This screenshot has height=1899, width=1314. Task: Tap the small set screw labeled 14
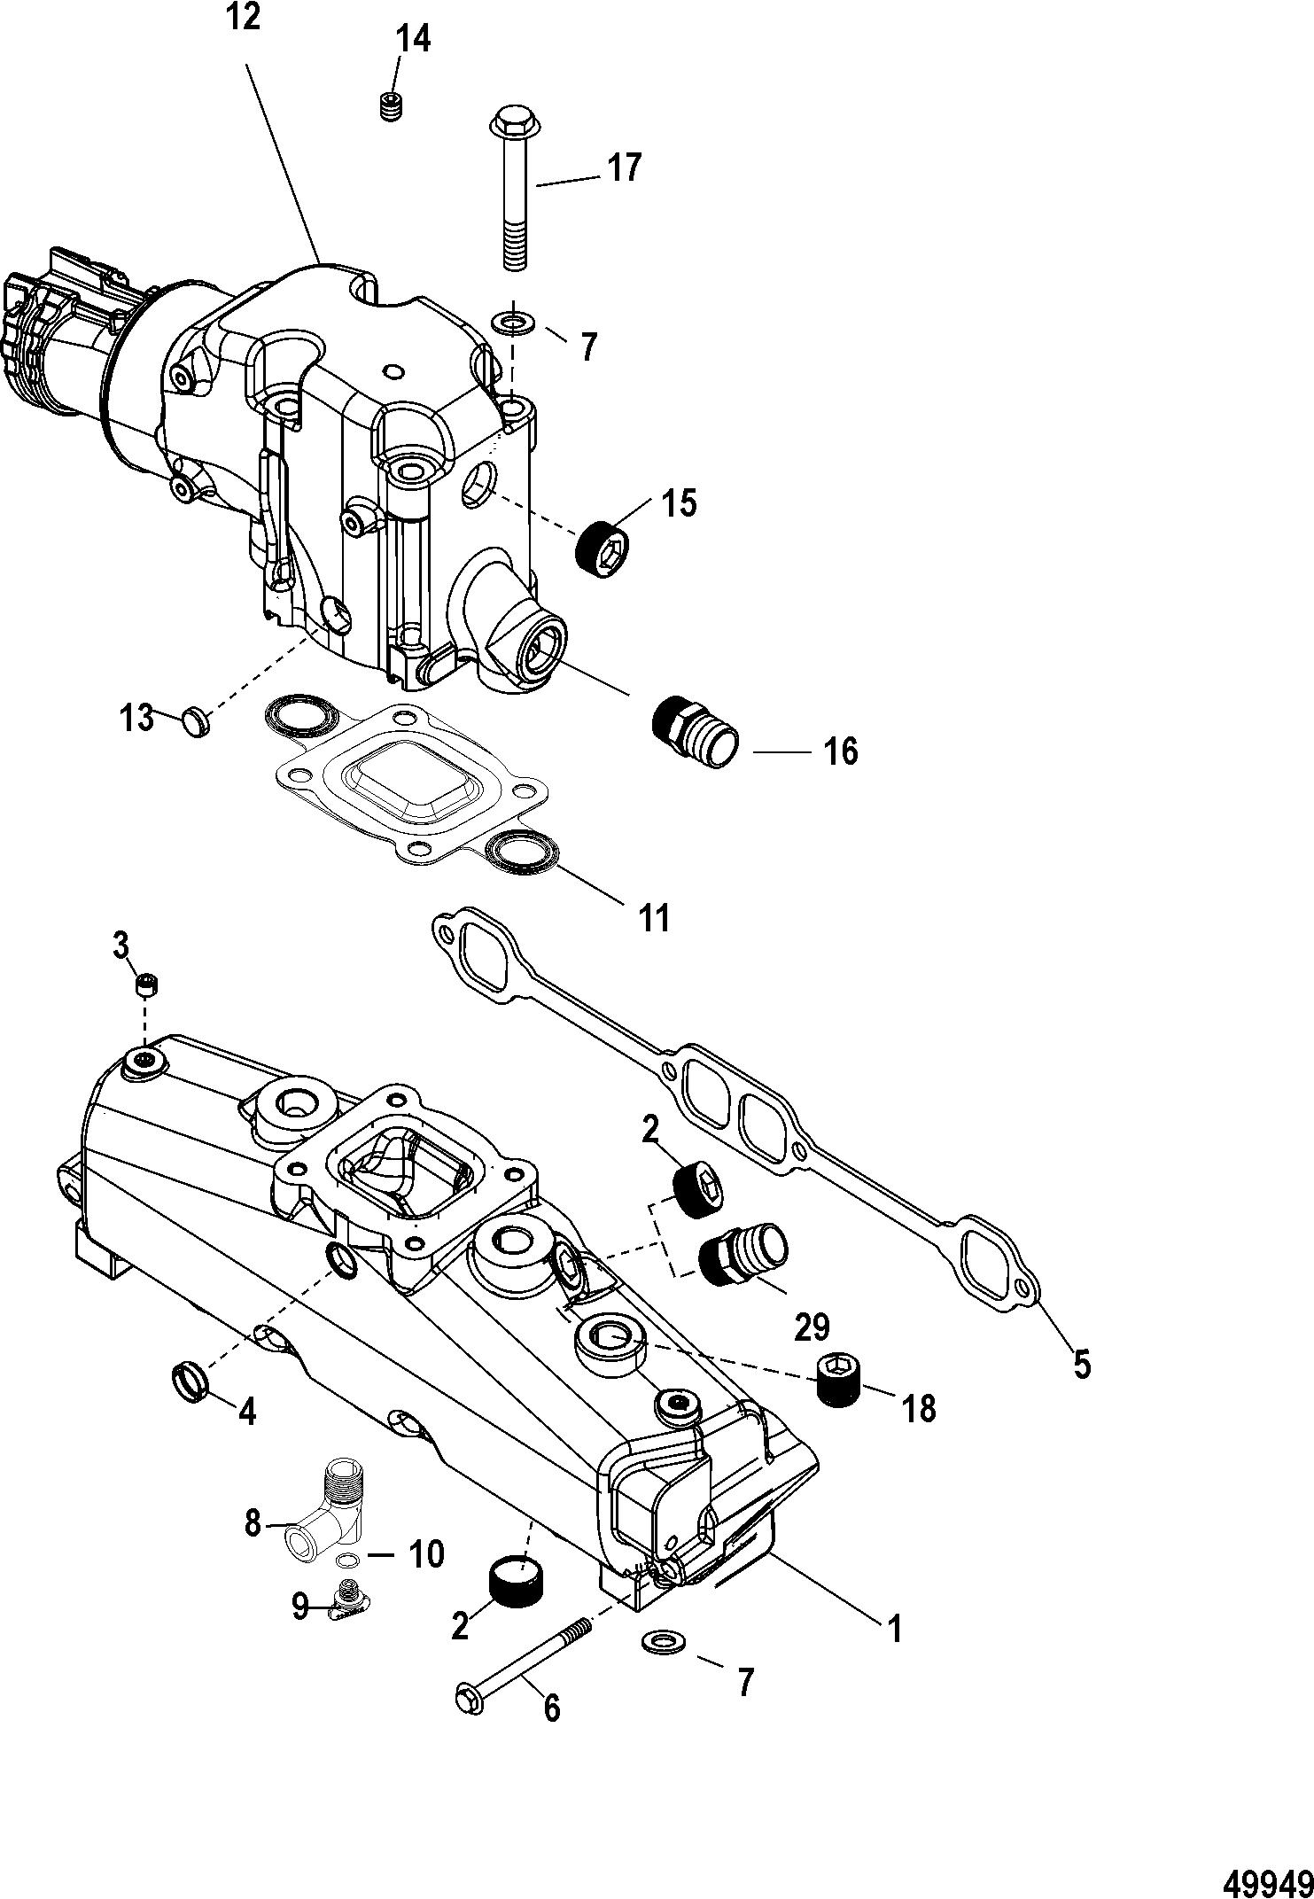[x=391, y=106]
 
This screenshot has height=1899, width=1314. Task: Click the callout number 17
[x=624, y=167]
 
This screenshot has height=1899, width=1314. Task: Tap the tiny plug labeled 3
[x=147, y=984]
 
